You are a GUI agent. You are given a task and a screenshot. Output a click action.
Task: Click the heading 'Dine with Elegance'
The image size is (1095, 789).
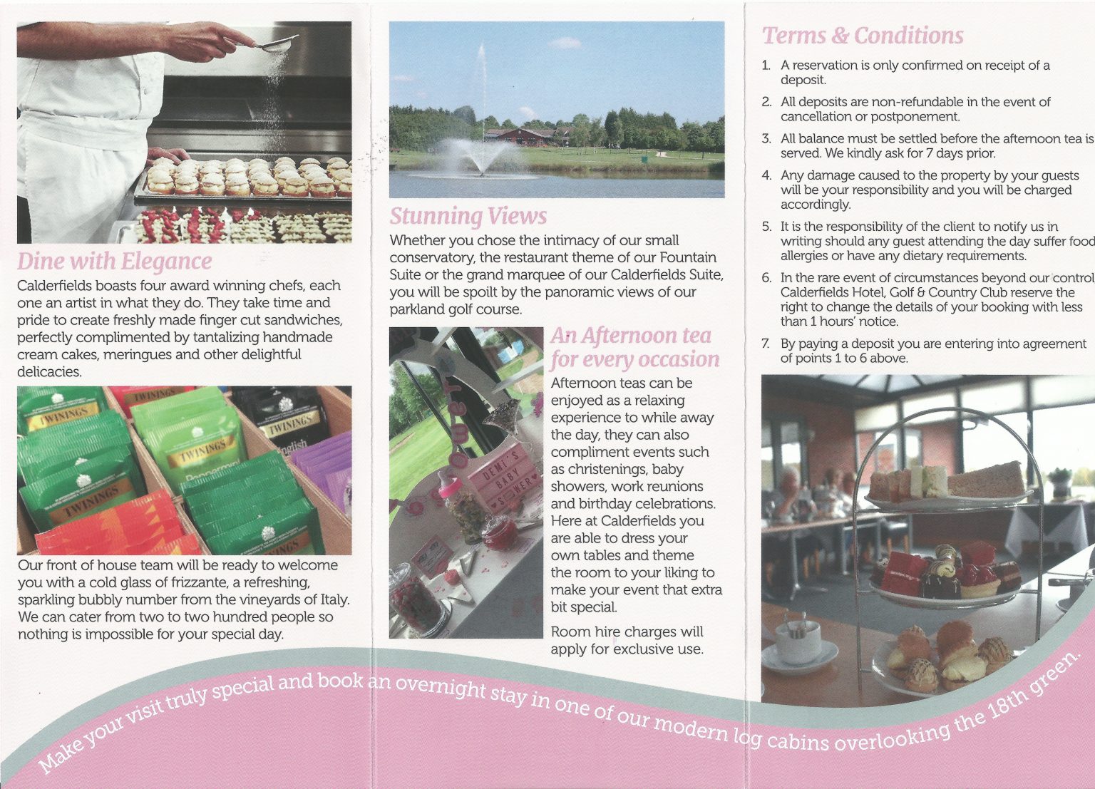114,262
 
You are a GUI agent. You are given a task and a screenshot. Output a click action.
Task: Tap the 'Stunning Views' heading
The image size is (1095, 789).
468,216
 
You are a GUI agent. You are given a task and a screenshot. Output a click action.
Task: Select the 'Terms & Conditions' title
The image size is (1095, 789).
863,36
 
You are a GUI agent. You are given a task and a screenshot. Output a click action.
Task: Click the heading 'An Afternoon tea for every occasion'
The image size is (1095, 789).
634,347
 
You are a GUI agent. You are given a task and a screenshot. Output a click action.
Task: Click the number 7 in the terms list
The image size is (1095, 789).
766,344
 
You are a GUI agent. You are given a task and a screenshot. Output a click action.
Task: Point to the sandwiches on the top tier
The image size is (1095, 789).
948,481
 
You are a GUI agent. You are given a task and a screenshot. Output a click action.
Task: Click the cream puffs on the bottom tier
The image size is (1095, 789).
948,652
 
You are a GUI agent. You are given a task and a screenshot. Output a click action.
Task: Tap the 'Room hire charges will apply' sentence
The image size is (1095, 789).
627,640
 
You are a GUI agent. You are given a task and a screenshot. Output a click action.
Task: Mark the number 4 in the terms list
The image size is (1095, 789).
766,175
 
